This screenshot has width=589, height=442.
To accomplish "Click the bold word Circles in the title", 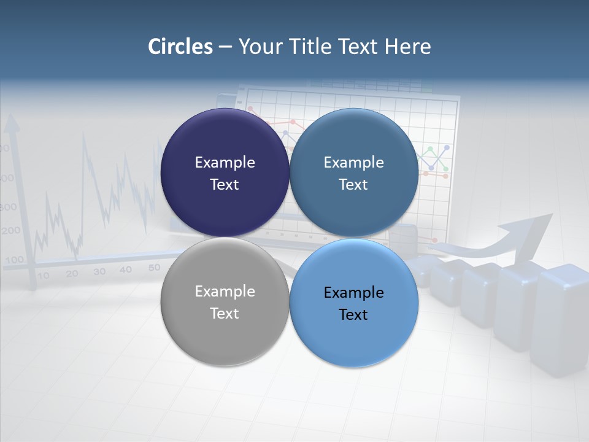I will pos(180,47).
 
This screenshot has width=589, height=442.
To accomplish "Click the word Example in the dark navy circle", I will pos(225,162).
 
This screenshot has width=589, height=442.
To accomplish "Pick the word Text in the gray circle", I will pos(225,313).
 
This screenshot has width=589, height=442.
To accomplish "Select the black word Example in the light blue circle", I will pos(353,292).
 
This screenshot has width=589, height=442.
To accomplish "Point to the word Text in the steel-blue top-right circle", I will pos(353,184).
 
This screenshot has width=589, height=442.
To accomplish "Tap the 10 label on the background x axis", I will pos(44,276).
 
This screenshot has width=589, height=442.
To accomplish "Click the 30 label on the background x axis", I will pos(99,271).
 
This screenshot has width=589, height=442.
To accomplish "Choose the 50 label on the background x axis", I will pos(154,267).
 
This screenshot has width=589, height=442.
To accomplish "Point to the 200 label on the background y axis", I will pos(10,231).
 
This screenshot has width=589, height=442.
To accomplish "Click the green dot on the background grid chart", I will pos(431,149).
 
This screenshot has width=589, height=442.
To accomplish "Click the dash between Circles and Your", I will pos(225,47).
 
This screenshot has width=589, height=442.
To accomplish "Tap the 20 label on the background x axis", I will pos(72,274).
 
